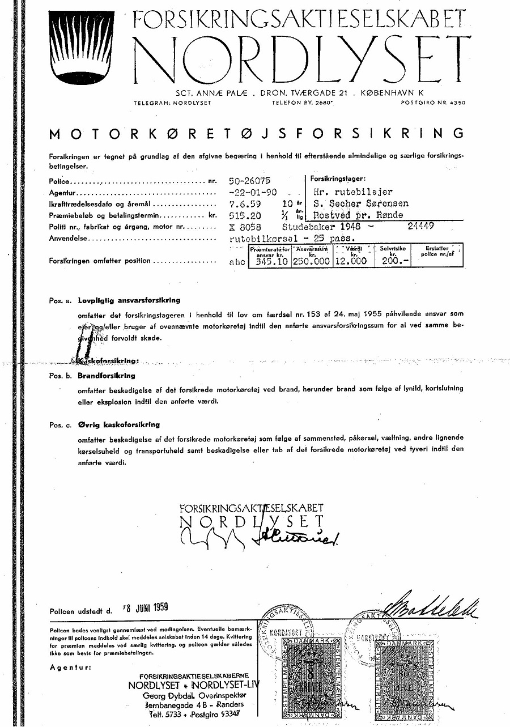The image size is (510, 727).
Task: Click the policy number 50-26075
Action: tap(249, 181)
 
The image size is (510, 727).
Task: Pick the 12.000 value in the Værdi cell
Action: tap(350, 261)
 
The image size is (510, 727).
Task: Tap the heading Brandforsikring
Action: tap(107, 376)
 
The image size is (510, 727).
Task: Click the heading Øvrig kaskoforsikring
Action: tap(119, 424)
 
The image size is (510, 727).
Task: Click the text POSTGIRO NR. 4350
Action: tap(433, 103)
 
